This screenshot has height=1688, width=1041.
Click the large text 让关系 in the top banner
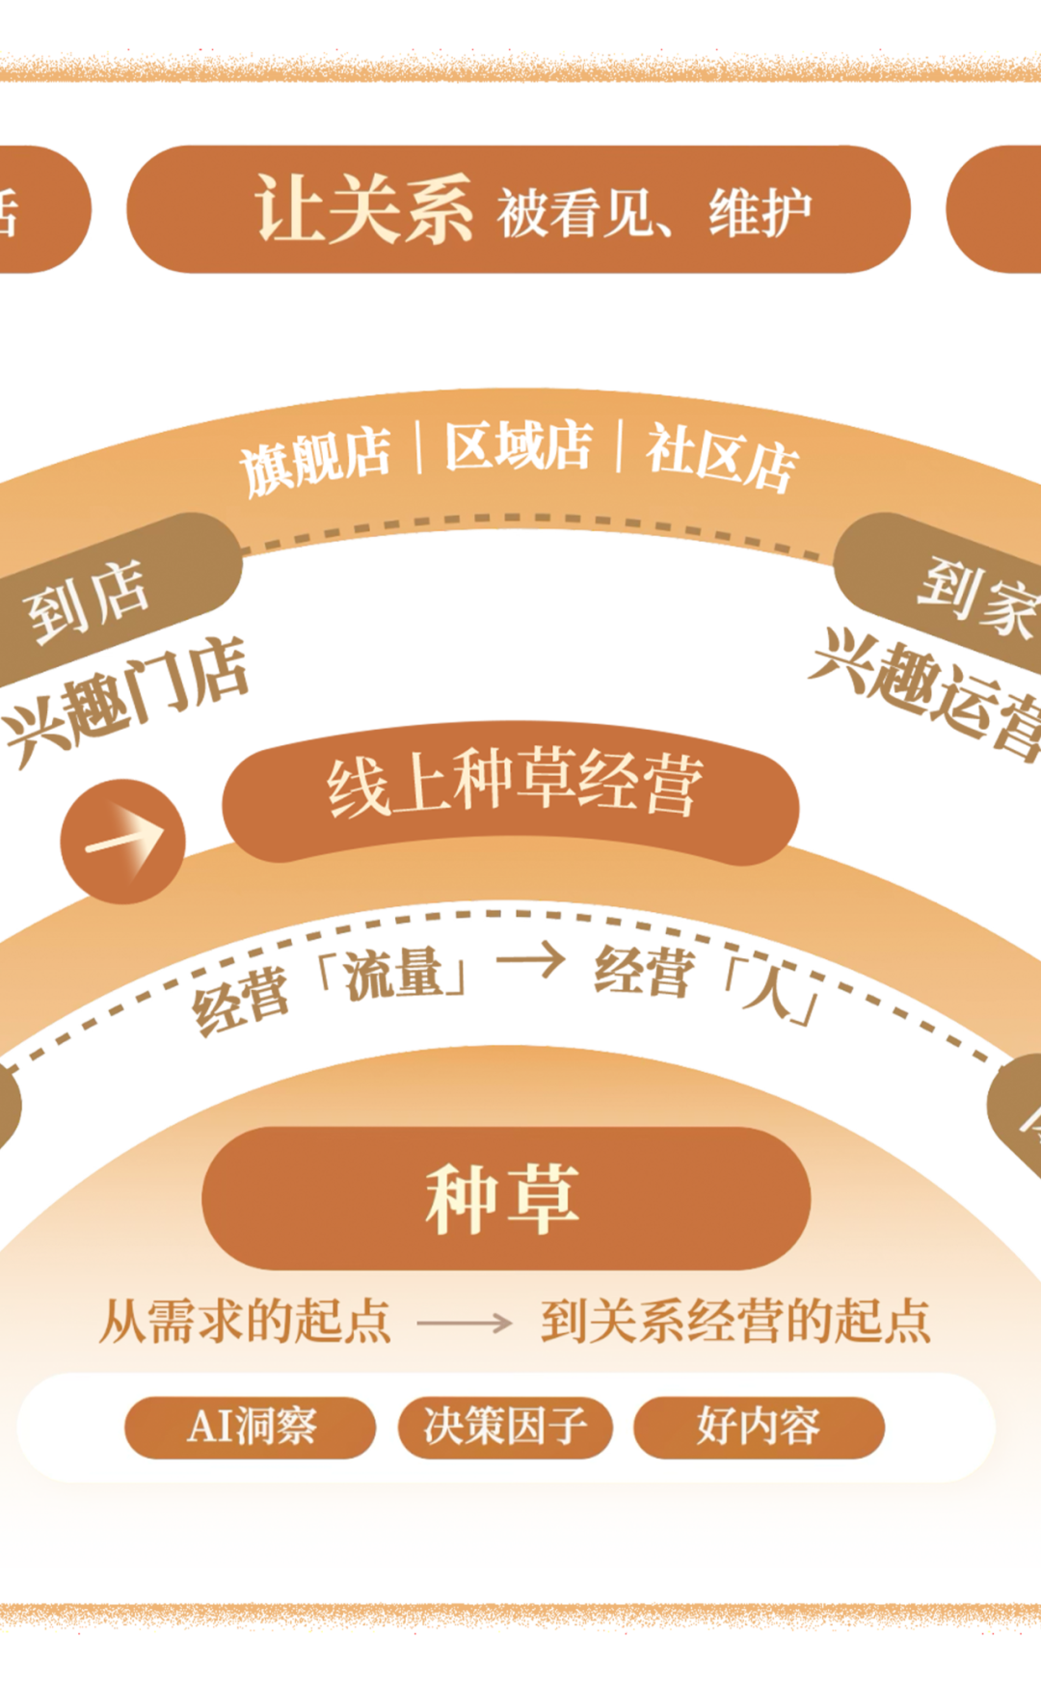click(x=363, y=209)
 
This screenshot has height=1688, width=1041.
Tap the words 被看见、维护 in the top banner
click(x=654, y=213)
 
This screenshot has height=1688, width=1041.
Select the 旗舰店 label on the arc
click(x=315, y=460)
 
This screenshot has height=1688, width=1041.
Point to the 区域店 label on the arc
click(x=518, y=445)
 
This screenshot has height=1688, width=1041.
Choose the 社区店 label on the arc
click(x=722, y=456)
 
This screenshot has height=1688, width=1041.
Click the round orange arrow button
click(x=122, y=841)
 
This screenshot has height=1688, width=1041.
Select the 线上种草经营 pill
click(x=511, y=789)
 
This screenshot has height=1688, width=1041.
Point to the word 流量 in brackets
click(x=393, y=975)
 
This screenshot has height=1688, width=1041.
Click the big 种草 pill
click(x=505, y=1198)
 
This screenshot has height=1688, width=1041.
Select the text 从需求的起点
click(x=246, y=1322)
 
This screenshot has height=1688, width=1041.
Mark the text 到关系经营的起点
click(x=735, y=1322)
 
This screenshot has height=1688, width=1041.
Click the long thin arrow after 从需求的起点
click(x=465, y=1323)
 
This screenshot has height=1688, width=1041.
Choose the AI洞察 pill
click(x=250, y=1427)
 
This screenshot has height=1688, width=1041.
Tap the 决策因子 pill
click(x=505, y=1427)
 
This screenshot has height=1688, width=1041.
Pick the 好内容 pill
click(x=759, y=1427)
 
